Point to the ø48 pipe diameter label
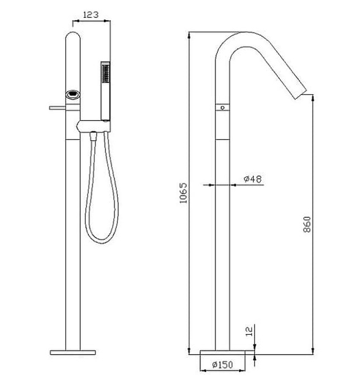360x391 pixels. (x=252, y=179)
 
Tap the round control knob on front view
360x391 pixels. (x=73, y=95)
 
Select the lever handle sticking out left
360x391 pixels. (x=57, y=106)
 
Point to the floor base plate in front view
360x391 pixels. (x=73, y=352)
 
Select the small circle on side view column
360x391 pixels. (x=222, y=106)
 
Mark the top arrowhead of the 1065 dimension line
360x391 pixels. (x=190, y=34)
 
